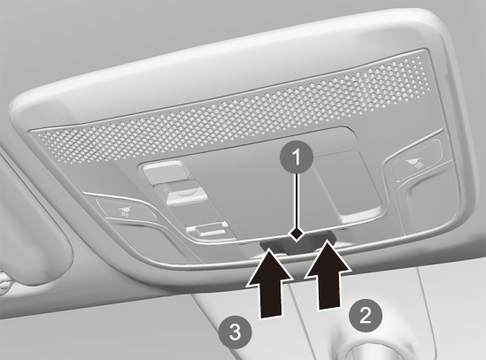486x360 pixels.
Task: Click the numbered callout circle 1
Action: point(297,157)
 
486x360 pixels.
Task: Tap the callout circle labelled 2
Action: point(366,315)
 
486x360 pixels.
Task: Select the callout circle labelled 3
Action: point(235,333)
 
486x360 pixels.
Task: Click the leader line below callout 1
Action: point(297,201)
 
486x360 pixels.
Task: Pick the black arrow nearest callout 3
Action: point(269,283)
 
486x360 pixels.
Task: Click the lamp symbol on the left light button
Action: point(126,211)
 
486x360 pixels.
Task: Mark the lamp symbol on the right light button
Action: point(413,162)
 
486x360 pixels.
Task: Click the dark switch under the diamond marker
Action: point(298,244)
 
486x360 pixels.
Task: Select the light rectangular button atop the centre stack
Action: point(165,172)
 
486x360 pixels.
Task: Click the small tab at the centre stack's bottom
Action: point(205,230)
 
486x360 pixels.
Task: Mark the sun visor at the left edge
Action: point(35,217)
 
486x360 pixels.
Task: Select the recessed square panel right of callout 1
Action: point(349,183)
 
